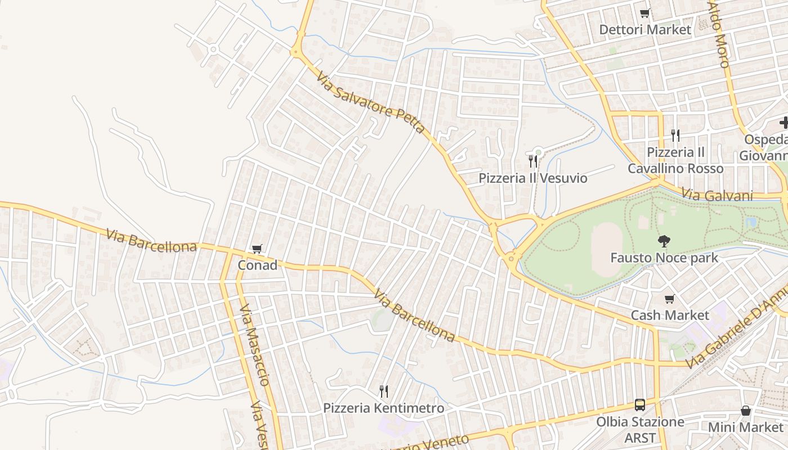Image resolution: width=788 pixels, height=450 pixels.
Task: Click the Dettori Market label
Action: [644, 29]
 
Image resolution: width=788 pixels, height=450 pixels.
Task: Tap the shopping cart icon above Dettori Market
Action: [645, 13]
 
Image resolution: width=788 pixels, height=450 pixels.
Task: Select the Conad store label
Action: [258, 265]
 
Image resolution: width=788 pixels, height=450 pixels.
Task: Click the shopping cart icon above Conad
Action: [257, 249]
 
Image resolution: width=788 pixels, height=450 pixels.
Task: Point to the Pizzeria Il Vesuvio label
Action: [532, 178]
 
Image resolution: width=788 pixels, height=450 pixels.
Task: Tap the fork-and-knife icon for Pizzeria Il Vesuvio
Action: [532, 162]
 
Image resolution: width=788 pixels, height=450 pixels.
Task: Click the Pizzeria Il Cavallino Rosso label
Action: [675, 160]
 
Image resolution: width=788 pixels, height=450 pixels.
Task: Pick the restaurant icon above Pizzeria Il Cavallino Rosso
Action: [675, 135]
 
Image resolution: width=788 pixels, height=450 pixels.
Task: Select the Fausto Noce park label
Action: [664, 258]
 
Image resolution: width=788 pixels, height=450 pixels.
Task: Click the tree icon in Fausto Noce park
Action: [664, 241]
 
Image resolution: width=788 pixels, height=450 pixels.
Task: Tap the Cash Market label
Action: [669, 315]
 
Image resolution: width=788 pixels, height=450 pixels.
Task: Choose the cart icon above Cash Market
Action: [669, 299]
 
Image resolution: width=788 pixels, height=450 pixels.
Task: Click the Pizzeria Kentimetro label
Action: [383, 408]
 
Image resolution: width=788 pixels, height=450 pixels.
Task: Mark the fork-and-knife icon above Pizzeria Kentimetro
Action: [383, 391]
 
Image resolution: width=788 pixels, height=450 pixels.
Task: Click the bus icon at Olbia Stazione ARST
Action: [640, 404]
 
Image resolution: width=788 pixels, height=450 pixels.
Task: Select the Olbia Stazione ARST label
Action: [640, 429]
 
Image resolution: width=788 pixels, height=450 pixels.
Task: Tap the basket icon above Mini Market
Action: [746, 411]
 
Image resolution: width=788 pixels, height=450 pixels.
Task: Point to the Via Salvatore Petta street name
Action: [370, 102]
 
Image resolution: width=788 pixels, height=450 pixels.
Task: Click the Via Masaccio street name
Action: [254, 345]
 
